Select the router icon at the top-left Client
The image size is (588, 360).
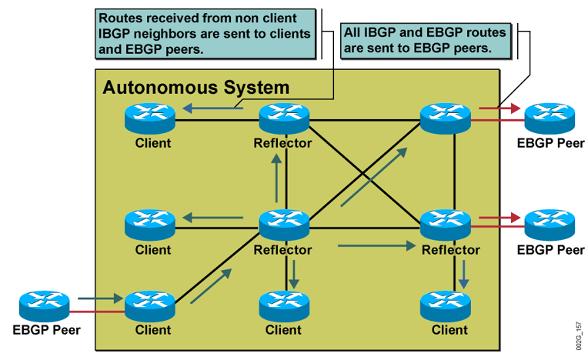pyautogui.click(x=150, y=118)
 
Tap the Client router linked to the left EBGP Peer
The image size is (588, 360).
pyautogui.click(x=150, y=306)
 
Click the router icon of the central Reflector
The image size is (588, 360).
pyautogui.click(x=284, y=225)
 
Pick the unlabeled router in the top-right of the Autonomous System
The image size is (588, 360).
pyautogui.click(x=446, y=118)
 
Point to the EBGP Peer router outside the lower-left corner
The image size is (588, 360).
pyautogui.click(x=44, y=305)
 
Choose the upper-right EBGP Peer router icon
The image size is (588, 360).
pyautogui.click(x=550, y=118)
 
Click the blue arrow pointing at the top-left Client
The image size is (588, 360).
pyautogui.click(x=212, y=108)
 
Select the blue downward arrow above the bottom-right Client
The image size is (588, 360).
pyautogui.click(x=464, y=274)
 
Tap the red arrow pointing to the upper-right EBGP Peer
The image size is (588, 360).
pyautogui.click(x=499, y=108)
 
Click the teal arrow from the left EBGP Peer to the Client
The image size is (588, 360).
pyautogui.click(x=101, y=298)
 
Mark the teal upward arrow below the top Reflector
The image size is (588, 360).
pyautogui.click(x=277, y=178)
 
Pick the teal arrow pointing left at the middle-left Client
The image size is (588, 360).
pyautogui.click(x=212, y=217)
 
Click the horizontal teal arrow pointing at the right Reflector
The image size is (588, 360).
pyautogui.click(x=377, y=245)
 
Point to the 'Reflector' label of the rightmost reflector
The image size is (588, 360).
pyautogui.click(x=451, y=250)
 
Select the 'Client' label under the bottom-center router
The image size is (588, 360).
pyautogui.click(x=283, y=330)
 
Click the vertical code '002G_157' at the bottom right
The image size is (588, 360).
pyautogui.click(x=580, y=335)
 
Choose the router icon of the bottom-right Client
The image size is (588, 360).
pyautogui.click(x=446, y=306)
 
